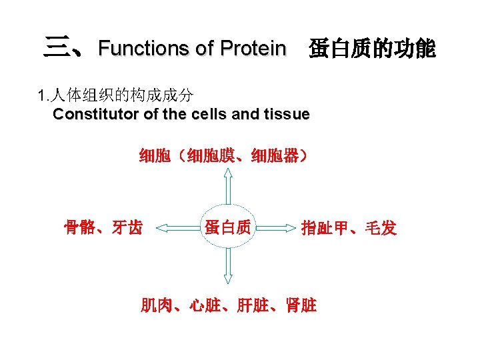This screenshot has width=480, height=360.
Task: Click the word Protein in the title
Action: pyautogui.click(x=253, y=48)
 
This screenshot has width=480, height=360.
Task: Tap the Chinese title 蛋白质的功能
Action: pyautogui.click(x=371, y=48)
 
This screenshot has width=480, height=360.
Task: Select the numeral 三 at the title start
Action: pyautogui.click(x=55, y=47)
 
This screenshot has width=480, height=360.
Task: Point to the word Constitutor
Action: pyautogui.click(x=96, y=114)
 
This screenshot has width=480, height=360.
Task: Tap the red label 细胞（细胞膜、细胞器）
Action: pyautogui.click(x=224, y=157)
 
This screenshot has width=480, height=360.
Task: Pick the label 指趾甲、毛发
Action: pyautogui.click(x=349, y=229)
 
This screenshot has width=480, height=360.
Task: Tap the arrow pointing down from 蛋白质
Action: pyautogui.click(x=228, y=269)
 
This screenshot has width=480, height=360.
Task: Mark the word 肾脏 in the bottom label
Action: pyautogui.click(x=299, y=305)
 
